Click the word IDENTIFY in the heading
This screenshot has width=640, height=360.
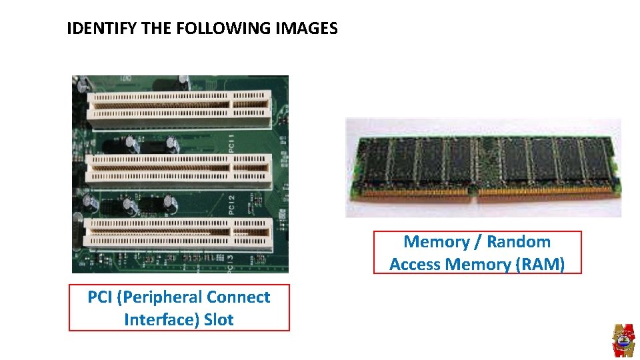[101, 28]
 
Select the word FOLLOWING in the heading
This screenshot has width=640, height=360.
[223, 28]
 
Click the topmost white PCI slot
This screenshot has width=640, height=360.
[179, 109]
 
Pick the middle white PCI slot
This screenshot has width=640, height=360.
[179, 170]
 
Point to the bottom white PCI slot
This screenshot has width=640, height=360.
[178, 235]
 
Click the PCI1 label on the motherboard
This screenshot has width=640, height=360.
[231, 143]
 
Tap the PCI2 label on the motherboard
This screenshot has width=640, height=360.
[231, 205]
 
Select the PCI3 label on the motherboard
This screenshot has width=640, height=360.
[230, 264]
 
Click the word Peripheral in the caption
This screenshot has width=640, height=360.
[156, 297]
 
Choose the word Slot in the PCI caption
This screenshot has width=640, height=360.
[219, 319]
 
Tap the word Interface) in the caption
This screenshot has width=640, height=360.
[161, 319]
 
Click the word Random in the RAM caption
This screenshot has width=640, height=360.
[519, 241]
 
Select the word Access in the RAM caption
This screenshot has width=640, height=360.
[415, 265]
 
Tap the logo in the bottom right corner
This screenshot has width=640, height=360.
[623, 341]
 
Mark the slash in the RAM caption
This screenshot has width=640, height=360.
[477, 242]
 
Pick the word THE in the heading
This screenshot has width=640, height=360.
[156, 28]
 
